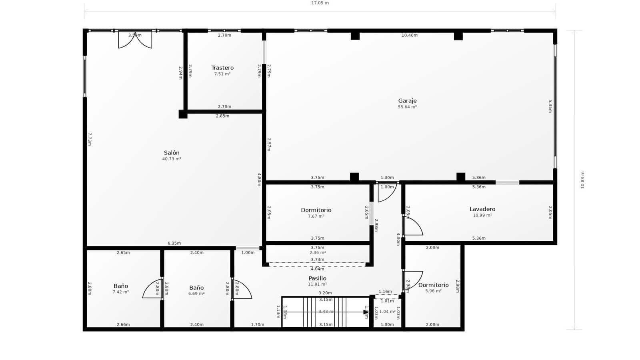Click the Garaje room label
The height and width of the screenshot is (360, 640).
(407, 101)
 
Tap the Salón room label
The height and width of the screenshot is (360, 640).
(172, 153)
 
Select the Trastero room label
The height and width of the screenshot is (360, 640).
(222, 68)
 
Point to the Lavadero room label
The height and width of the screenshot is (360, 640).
(482, 209)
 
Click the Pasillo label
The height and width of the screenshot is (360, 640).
(317, 278)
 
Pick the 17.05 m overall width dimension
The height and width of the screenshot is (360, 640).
(320, 3)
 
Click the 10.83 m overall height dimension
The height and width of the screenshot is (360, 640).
(582, 180)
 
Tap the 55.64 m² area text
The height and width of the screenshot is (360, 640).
(407, 107)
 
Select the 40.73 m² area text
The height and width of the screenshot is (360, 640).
(172, 159)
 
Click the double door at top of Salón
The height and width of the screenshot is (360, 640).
(135, 40)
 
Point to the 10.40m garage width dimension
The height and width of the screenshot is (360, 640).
(409, 35)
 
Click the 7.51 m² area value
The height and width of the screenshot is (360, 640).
(222, 74)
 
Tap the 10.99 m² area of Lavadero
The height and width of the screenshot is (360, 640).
(482, 215)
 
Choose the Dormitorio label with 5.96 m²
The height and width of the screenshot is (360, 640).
(433, 285)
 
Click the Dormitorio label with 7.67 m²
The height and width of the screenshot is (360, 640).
(316, 210)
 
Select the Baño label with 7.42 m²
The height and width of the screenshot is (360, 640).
(121, 286)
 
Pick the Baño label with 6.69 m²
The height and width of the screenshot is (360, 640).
(196, 288)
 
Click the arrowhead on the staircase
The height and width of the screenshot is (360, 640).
(365, 312)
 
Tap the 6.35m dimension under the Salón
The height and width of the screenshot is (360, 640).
(174, 243)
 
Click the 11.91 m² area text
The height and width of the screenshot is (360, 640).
(317, 284)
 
